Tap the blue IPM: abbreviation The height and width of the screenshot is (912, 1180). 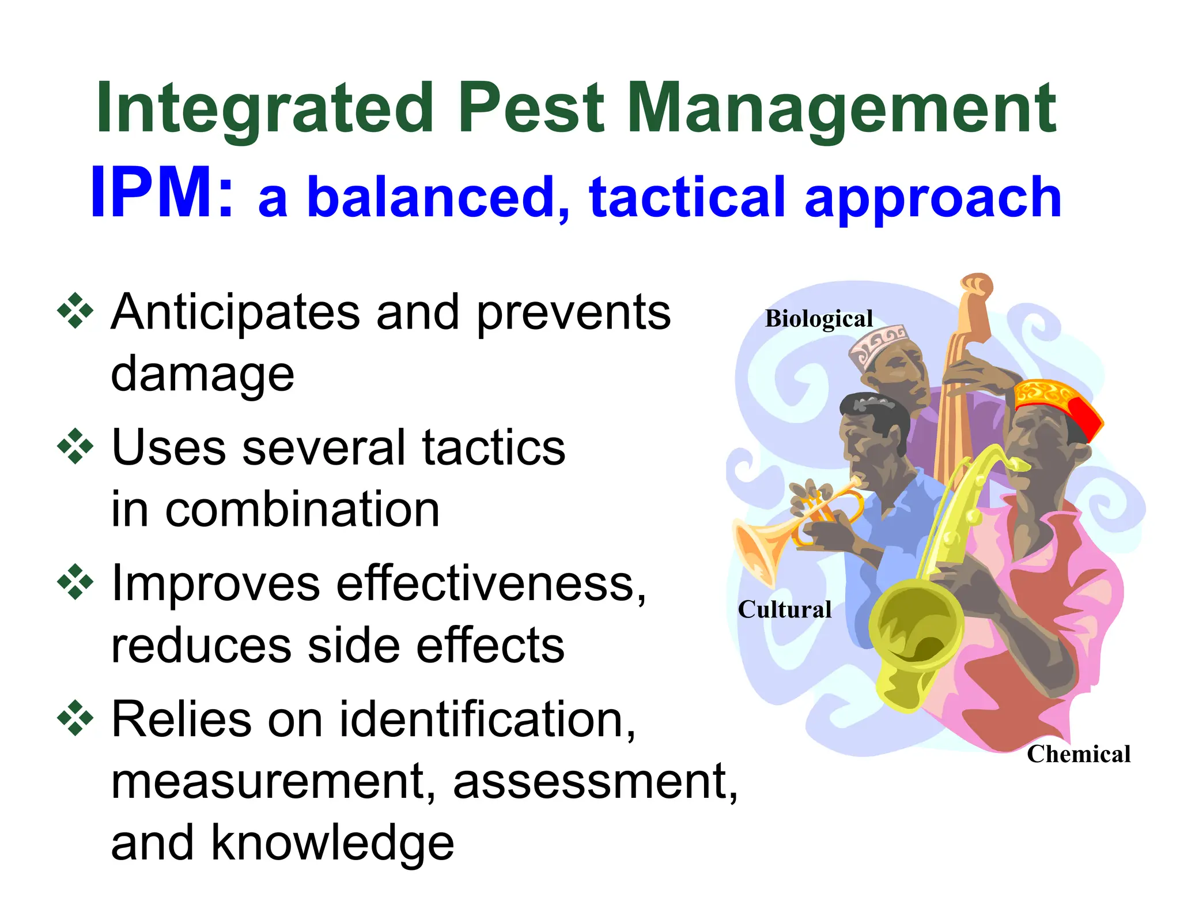click(x=161, y=193)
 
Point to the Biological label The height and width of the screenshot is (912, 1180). click(x=819, y=319)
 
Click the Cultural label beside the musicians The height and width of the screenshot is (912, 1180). click(x=785, y=609)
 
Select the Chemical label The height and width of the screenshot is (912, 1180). click(x=1079, y=754)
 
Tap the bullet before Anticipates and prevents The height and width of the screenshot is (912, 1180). click(x=75, y=311)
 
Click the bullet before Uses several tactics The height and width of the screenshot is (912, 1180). click(x=75, y=446)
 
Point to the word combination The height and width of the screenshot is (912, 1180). click(x=302, y=510)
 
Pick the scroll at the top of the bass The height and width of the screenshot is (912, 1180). click(x=977, y=285)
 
